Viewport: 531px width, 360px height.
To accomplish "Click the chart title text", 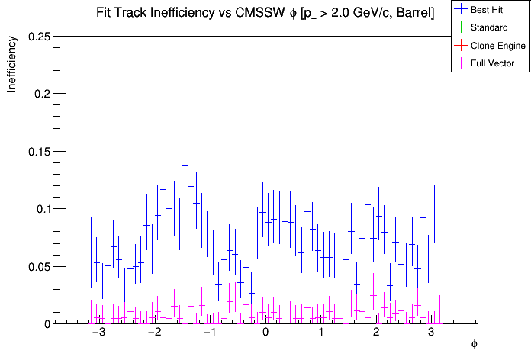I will click(x=265, y=13).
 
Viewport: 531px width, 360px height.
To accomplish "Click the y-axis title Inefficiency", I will click(x=12, y=67).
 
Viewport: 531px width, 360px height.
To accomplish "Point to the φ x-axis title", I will click(x=474, y=345).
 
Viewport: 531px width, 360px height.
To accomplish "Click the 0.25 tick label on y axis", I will click(x=38, y=37).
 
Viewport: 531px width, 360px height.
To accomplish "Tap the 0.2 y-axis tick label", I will click(x=42, y=94).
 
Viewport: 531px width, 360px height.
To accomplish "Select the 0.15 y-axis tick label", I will click(x=38, y=151).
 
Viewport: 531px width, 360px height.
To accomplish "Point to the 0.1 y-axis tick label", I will click(x=42, y=209).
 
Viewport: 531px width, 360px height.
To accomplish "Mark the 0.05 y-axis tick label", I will click(x=38, y=266).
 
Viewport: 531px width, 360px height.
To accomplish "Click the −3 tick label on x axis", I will click(x=98, y=334).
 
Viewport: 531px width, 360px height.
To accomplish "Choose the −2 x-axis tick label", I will click(x=153, y=334).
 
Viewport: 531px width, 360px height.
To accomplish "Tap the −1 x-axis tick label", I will click(x=209, y=334).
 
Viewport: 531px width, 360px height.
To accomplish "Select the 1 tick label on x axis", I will click(x=321, y=334).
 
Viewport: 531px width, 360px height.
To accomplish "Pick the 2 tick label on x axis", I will click(x=377, y=334).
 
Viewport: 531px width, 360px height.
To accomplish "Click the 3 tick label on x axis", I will click(x=432, y=334).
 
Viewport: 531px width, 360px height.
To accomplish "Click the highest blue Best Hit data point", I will click(x=185, y=165).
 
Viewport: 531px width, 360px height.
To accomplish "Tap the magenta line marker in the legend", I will click(x=461, y=63).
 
